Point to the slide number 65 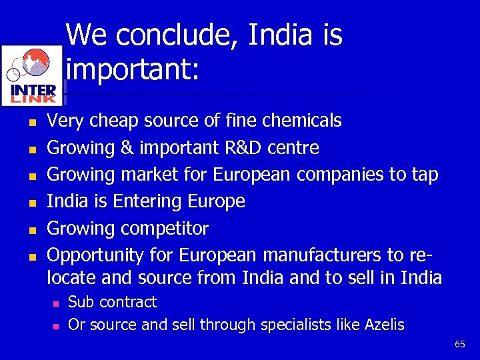click(x=459, y=344)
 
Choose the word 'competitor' click(x=164, y=229)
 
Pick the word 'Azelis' click(x=384, y=325)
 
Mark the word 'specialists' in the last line click(x=293, y=325)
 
